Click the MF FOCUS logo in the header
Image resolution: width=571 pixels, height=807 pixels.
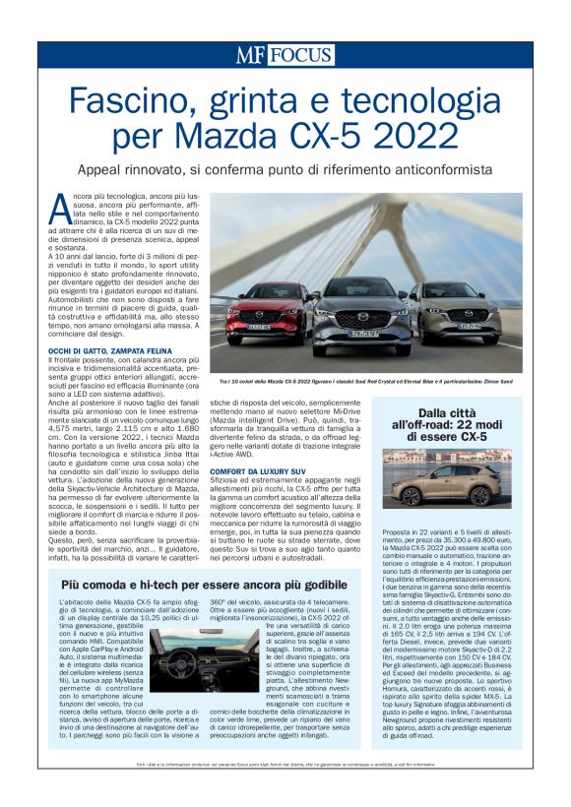pyautogui.click(x=285, y=55)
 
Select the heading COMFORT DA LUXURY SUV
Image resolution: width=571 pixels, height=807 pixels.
pyautogui.click(x=257, y=473)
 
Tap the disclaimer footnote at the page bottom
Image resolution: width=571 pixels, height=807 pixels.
pyautogui.click(x=285, y=791)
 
